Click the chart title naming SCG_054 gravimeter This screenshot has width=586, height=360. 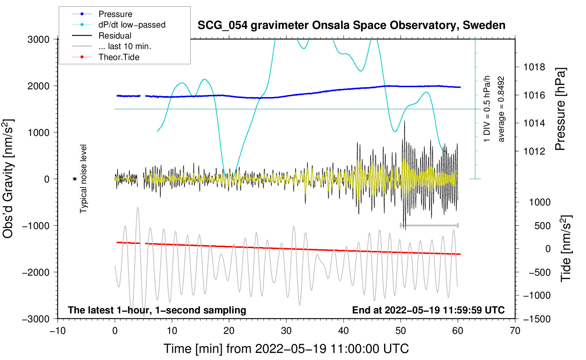[x=351, y=25]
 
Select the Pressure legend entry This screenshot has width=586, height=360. [x=115, y=14]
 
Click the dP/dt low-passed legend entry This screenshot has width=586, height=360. [x=132, y=25]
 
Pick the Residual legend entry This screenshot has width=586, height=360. [x=115, y=36]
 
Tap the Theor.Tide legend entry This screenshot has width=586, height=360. [x=119, y=57]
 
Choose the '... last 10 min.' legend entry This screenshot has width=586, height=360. [x=125, y=46]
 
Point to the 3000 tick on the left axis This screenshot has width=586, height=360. [x=38, y=40]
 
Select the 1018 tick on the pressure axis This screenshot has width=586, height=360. [x=534, y=67]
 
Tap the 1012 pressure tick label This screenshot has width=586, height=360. [x=534, y=151]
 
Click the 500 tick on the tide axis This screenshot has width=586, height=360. [x=542, y=226]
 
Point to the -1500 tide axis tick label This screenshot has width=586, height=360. [x=537, y=319]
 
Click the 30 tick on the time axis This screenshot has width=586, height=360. [x=286, y=331]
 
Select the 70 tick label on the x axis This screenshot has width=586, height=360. [x=515, y=331]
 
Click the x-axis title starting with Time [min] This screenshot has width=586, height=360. [x=286, y=349]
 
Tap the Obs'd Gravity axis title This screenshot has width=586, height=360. [x=8, y=179]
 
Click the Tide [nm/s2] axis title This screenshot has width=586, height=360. [x=566, y=248]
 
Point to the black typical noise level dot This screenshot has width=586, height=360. [x=74, y=179]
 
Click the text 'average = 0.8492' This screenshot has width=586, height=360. [x=501, y=109]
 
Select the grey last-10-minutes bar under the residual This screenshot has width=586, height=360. [x=429, y=225]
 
